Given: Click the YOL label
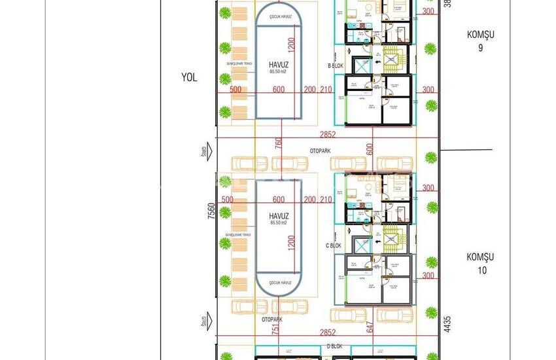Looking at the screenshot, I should [x=189, y=77].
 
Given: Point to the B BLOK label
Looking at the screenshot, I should [x=336, y=66].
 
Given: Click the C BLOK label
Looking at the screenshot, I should [x=335, y=245].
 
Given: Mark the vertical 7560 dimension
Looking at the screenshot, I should [x=211, y=213].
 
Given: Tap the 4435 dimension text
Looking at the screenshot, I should [x=447, y=326].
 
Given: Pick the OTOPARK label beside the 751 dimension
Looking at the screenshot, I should [x=271, y=320].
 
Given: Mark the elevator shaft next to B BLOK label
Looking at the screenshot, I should [x=360, y=65].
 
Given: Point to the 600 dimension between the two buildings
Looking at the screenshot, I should [x=370, y=149].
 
